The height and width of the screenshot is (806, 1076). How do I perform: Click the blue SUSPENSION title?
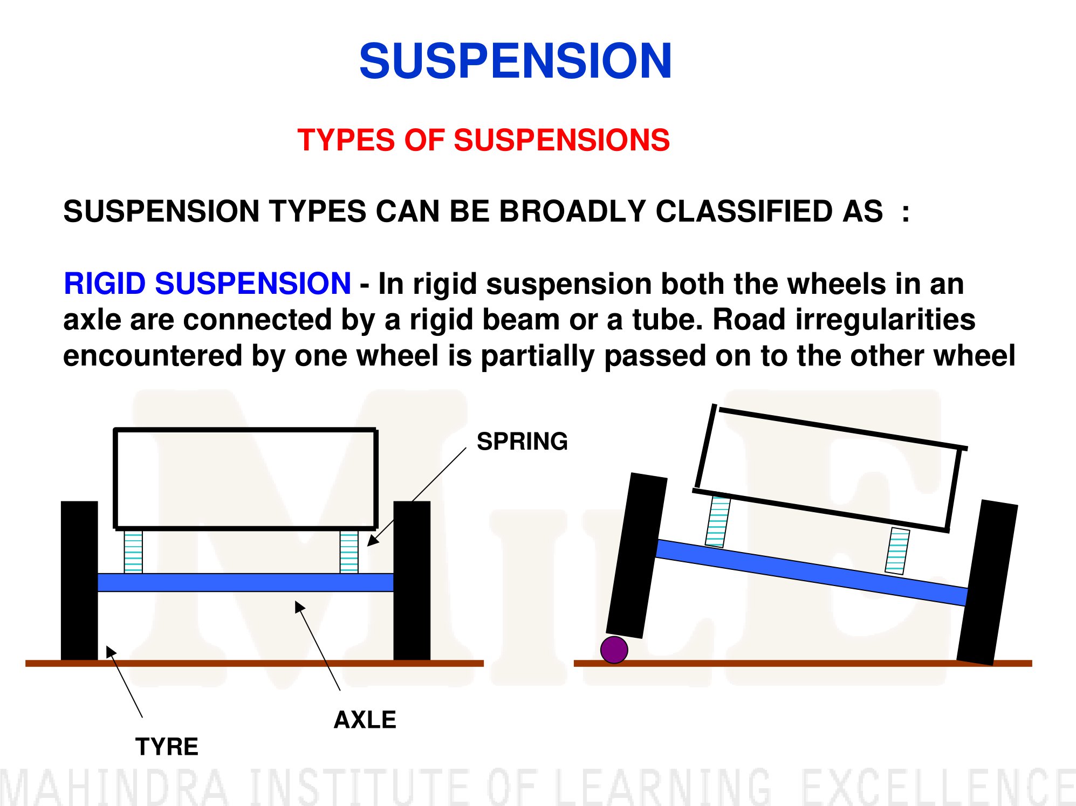point(515,61)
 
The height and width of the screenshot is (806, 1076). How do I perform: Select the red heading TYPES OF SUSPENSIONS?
point(483,140)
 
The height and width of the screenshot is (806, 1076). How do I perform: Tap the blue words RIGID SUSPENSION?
point(207,284)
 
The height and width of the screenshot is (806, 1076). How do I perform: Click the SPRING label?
point(522,441)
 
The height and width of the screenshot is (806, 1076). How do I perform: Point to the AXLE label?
point(365,720)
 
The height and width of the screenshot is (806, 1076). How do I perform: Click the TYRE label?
point(167,747)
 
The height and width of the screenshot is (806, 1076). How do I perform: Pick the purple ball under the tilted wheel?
point(614,650)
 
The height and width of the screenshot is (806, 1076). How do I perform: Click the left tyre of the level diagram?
point(79,581)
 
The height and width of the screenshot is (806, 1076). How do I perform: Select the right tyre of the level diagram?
point(412,581)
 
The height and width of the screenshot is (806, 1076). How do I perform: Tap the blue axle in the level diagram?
point(245,582)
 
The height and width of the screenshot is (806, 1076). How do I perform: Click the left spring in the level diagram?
point(133,552)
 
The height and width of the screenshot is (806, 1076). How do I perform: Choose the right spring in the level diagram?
point(349,552)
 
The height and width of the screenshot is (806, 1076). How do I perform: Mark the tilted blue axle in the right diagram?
point(811,572)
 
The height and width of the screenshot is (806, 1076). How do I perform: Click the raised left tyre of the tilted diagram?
point(637,556)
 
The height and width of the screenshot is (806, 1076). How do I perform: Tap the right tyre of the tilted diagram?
point(987,582)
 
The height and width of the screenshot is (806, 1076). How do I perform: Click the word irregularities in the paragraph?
point(844,320)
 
